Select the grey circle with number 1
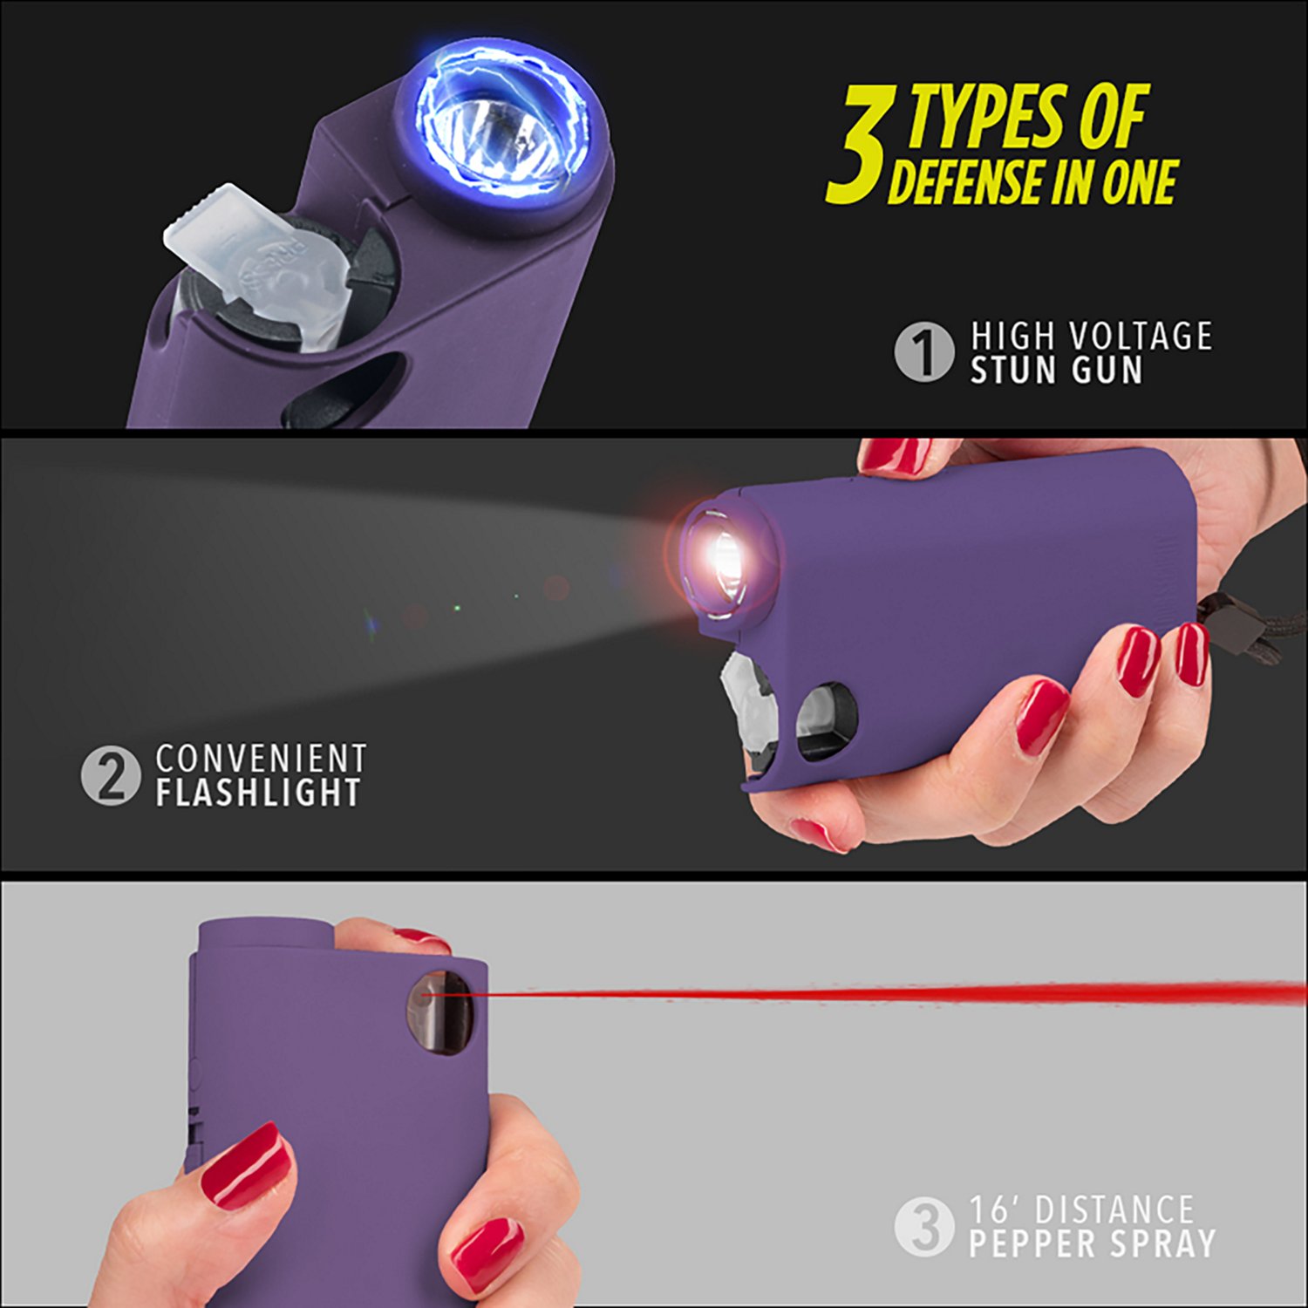[x=923, y=352]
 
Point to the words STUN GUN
[x=1056, y=371]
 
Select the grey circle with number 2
[x=111, y=775]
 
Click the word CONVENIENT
[x=261, y=759]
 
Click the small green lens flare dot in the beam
[x=457, y=608]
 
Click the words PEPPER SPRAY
[x=1092, y=1243]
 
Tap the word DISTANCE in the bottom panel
[x=1114, y=1210]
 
